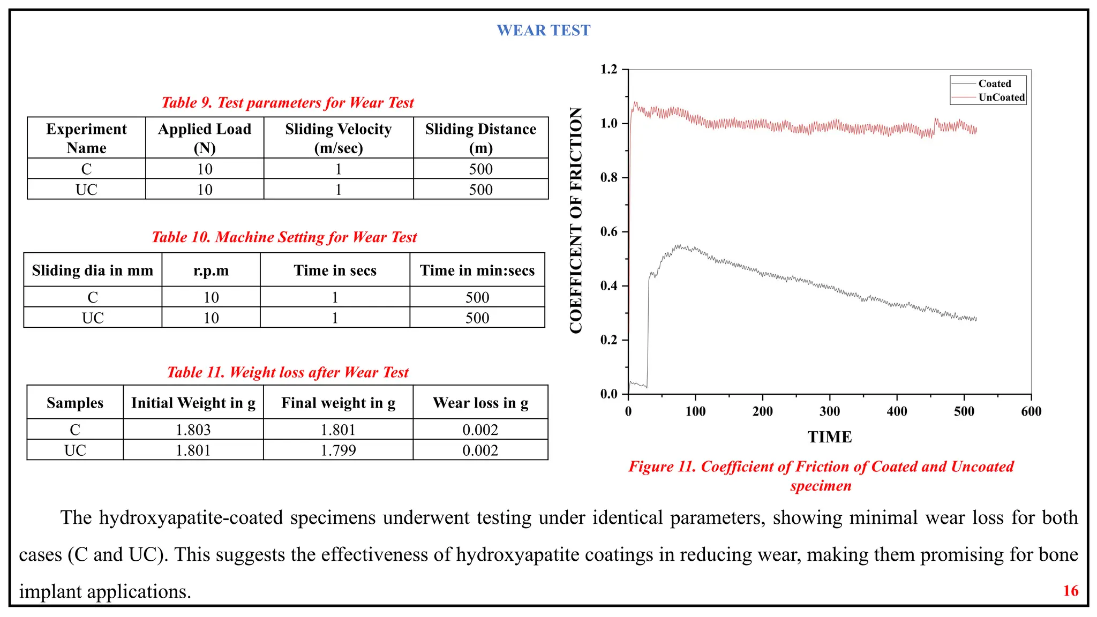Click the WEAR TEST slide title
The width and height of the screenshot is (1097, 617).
[543, 31]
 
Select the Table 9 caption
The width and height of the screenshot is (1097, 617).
[288, 103]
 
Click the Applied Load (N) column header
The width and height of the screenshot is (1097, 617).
[204, 138]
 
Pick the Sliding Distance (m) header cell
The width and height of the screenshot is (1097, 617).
[480, 138]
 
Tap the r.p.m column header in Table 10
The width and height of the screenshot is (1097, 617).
[211, 270]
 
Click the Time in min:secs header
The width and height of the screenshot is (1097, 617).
[477, 270]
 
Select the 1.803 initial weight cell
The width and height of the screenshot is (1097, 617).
[193, 430]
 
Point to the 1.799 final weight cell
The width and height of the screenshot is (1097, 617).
[338, 450]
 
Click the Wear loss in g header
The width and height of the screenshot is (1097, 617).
[480, 403]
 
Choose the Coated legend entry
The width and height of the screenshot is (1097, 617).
[994, 84]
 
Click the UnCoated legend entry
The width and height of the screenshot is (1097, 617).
[1001, 97]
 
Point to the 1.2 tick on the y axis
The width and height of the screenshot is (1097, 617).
[609, 70]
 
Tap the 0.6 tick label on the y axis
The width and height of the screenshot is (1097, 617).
[609, 232]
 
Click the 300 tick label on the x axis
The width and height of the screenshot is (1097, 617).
[830, 412]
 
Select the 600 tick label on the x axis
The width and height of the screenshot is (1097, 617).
[1031, 412]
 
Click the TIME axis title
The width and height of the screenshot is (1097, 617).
[830, 437]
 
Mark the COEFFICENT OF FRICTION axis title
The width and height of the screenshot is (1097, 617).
[576, 220]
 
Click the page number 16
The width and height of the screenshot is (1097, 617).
[1070, 591]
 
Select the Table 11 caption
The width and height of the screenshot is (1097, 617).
[288, 372]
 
